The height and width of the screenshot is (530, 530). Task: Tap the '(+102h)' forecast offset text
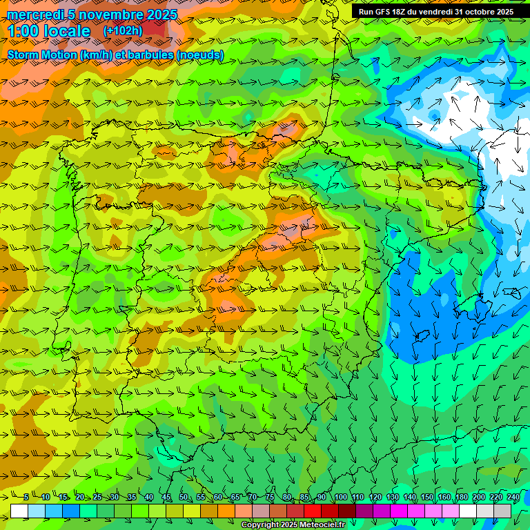(123, 30)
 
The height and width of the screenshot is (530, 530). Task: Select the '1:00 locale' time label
(48, 31)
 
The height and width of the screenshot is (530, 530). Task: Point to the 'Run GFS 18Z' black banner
(436, 12)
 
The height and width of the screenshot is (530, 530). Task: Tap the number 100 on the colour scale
(341, 497)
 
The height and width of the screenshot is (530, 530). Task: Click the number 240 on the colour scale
(513, 497)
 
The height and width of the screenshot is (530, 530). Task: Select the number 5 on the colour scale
(26, 497)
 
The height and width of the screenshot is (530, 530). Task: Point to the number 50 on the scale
(183, 497)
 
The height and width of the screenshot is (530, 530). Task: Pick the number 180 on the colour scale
(461, 497)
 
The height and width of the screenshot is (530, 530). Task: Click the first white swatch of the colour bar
(19, 511)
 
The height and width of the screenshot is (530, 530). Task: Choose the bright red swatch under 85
(313, 511)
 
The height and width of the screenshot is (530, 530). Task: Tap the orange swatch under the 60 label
(226, 511)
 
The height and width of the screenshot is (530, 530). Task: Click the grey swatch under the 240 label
(502, 511)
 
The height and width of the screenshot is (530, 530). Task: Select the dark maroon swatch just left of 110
(347, 511)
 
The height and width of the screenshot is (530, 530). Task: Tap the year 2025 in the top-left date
(161, 14)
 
